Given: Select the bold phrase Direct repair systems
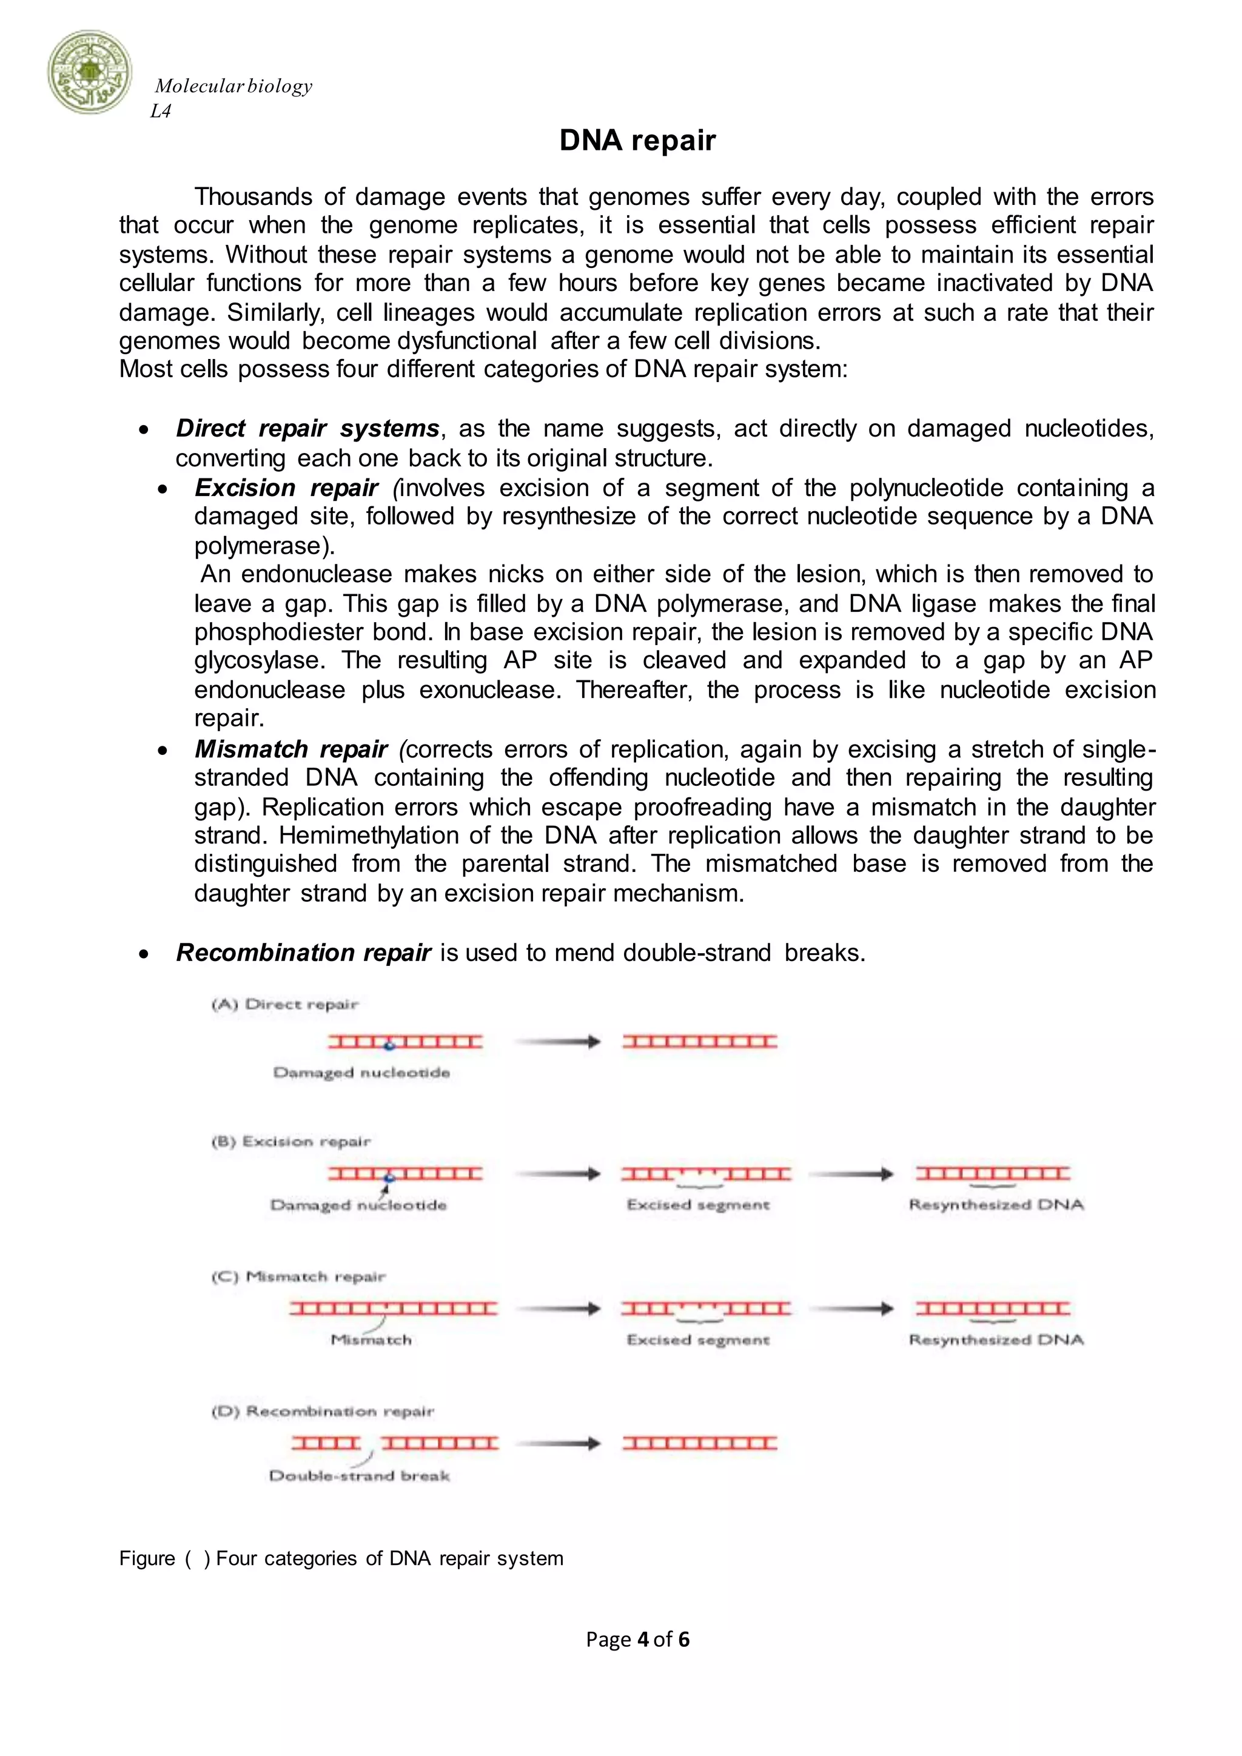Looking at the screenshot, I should click(307, 428).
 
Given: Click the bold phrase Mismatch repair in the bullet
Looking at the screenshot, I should click(290, 749).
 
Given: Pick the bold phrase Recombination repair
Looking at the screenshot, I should click(304, 953).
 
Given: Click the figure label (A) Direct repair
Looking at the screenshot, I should click(284, 1004).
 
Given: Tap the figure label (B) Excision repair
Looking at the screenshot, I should click(290, 1141).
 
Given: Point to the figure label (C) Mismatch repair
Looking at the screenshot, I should click(298, 1276).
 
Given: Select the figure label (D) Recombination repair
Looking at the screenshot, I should click(322, 1411).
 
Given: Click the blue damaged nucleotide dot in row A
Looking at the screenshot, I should click(389, 1045).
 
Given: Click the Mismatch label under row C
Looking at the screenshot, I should click(371, 1340).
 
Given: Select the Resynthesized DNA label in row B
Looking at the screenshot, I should click(996, 1205).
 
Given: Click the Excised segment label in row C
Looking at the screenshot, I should click(697, 1340).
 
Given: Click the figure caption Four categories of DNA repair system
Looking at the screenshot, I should click(389, 1559).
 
